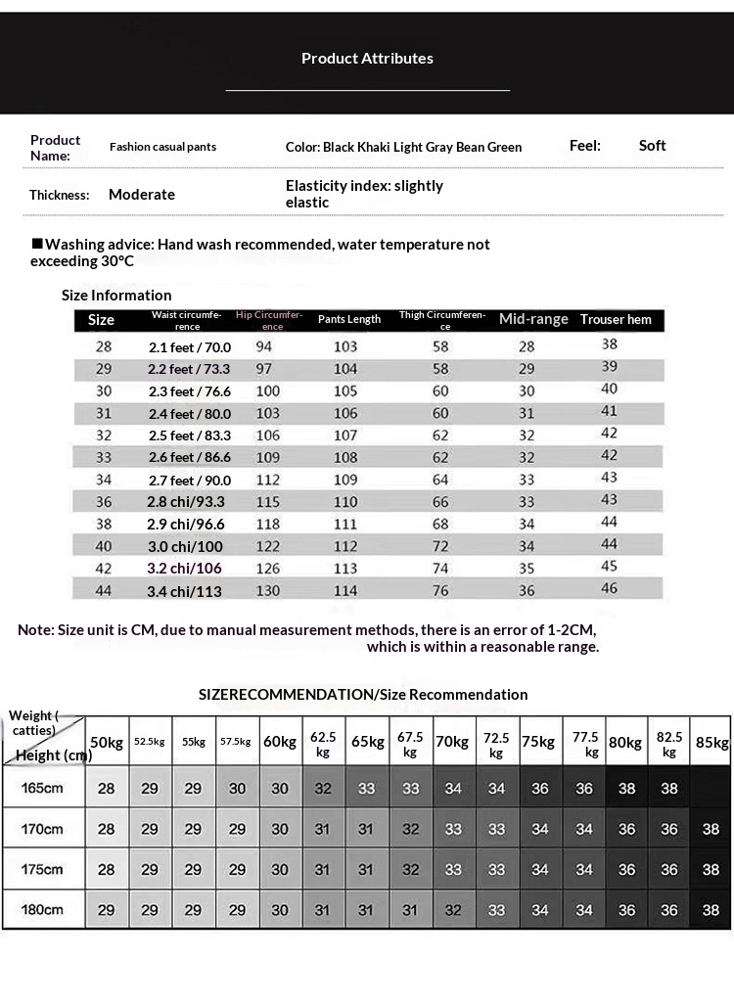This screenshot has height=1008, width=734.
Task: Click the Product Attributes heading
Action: click(x=367, y=59)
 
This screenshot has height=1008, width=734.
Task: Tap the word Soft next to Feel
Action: click(x=652, y=146)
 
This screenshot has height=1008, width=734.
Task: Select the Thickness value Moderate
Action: click(x=142, y=195)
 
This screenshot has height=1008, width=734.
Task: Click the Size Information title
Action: click(x=116, y=296)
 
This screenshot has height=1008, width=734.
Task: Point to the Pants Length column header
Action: click(x=349, y=320)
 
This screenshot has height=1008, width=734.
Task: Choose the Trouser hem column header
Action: click(x=616, y=320)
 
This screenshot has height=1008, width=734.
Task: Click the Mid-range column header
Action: click(x=533, y=319)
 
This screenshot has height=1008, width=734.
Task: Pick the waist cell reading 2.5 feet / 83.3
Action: click(x=190, y=435)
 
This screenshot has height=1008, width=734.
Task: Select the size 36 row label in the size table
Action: click(x=104, y=502)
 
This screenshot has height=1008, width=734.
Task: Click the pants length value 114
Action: click(x=345, y=591)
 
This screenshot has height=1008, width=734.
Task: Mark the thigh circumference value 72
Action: click(x=440, y=546)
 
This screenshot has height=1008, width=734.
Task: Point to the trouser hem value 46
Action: click(x=609, y=589)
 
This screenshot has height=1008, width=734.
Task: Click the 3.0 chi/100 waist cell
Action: click(x=186, y=546)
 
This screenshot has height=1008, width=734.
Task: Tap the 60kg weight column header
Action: click(x=280, y=742)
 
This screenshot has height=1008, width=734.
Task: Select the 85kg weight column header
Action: click(x=711, y=742)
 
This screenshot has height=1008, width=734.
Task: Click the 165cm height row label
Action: click(x=42, y=788)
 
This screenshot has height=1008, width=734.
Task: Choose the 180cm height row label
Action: click(x=42, y=909)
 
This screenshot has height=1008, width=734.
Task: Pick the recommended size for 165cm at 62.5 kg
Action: click(x=323, y=788)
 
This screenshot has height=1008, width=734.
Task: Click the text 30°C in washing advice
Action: click(x=115, y=261)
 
